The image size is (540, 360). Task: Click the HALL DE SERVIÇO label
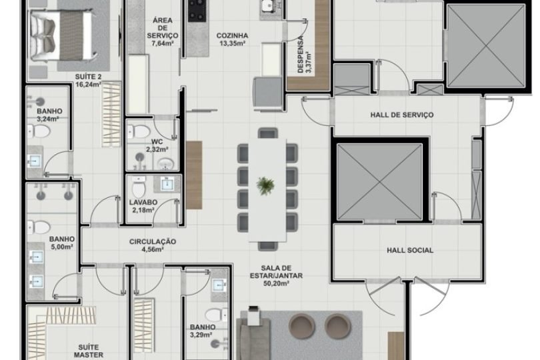pos(401,115)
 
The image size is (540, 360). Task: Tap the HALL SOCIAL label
pos(410,251)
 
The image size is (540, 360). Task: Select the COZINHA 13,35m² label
pos(232,39)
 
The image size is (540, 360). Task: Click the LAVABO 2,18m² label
pos(143,206)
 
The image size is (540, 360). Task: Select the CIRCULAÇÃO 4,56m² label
pos(152,246)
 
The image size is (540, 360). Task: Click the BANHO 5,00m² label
pos(61,242)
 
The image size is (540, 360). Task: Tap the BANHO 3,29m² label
pos(202,331)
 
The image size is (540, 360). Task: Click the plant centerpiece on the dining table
pos(266,184)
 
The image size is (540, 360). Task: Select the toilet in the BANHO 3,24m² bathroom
pos(41,132)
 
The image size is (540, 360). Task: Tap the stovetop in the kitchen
pos(198,9)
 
